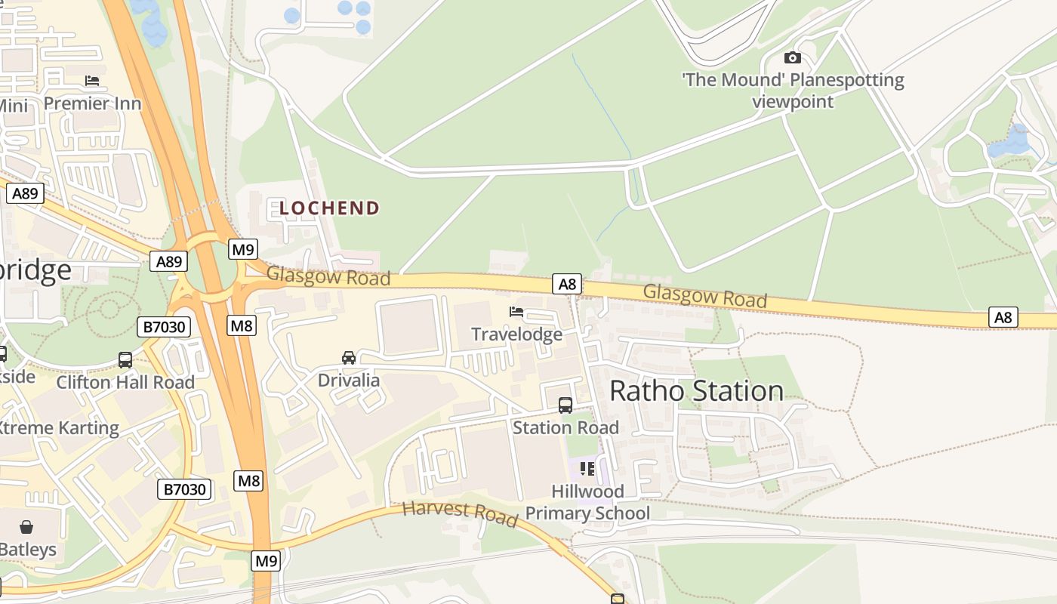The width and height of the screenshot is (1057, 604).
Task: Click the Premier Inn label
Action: pos(92,103)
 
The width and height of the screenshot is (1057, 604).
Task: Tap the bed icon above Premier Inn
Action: pos(92,81)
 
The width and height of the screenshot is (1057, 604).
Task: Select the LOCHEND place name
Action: pos(329,208)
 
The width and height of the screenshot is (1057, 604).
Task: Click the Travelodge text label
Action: pos(516,334)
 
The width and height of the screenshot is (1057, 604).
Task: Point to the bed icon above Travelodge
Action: pos(516,311)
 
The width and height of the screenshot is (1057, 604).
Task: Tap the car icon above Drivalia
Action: pos(349,357)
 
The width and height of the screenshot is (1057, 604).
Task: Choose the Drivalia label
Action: pos(349,379)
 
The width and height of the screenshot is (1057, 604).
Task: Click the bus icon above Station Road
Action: pos(565,405)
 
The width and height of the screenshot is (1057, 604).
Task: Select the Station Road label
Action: pos(565,427)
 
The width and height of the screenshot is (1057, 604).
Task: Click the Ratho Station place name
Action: pos(696,390)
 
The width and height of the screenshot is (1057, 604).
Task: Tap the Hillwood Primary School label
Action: pos(587,502)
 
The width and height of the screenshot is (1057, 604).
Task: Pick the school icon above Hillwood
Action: pos(587,469)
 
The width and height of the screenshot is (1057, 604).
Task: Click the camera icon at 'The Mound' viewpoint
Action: pos(792,58)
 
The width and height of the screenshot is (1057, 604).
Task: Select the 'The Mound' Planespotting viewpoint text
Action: pos(793,91)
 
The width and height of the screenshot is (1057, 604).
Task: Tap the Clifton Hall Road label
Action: pos(125,382)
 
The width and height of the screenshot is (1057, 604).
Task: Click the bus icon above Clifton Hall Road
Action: pos(125,360)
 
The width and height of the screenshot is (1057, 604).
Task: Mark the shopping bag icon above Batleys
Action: pos(26,526)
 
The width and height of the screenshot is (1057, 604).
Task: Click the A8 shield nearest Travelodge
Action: pos(567,284)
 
